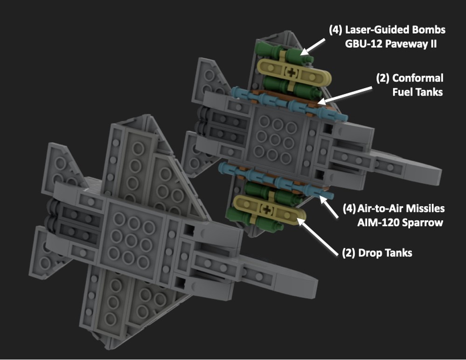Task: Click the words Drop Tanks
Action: point(384,254)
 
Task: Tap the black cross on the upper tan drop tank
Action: point(292,72)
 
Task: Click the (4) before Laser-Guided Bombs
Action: point(335,30)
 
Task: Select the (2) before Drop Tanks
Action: point(345,254)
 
